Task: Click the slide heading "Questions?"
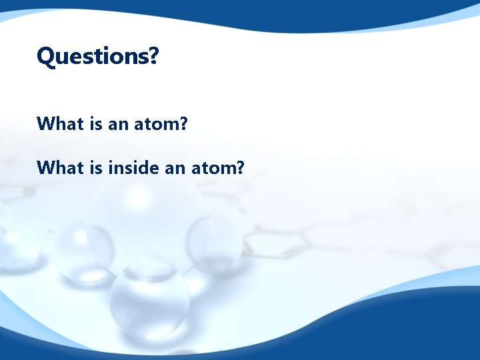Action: click(x=97, y=57)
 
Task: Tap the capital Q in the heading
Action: click(x=45, y=57)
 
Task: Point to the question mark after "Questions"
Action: click(x=153, y=56)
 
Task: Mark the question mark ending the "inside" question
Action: click(x=241, y=167)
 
